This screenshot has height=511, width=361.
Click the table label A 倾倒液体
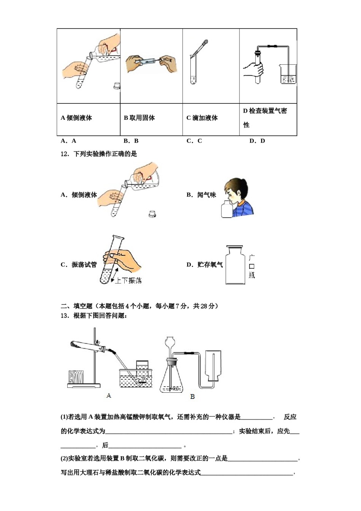pyautogui.click(x=76, y=118)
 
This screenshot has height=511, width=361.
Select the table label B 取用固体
pyautogui.click(x=139, y=118)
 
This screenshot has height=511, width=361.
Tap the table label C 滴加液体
pyautogui.click(x=202, y=118)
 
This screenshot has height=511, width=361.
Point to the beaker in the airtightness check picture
pyautogui.click(x=288, y=74)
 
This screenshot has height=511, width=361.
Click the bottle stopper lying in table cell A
pyautogui.click(x=117, y=86)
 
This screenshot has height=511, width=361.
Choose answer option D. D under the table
pyautogui.click(x=257, y=141)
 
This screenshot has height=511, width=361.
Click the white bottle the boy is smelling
pyautogui.click(x=227, y=209)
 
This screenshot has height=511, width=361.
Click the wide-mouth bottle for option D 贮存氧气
pyautogui.click(x=235, y=265)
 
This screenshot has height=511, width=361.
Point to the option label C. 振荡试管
pyautogui.click(x=79, y=265)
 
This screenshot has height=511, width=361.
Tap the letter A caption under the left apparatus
pyautogui.click(x=109, y=396)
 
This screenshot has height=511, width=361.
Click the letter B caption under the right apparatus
pyautogui.click(x=192, y=397)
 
